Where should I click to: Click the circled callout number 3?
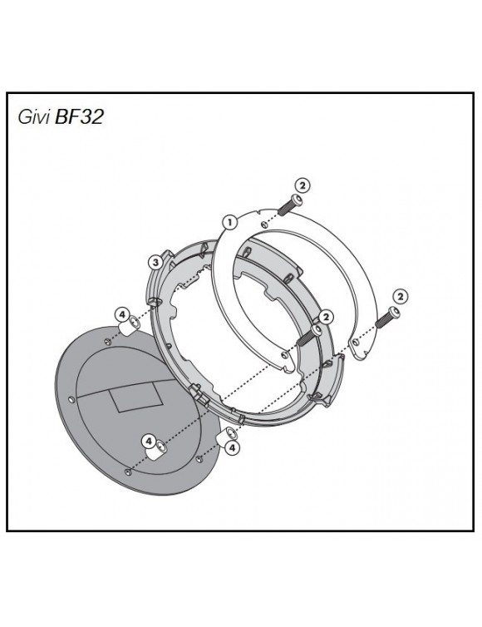[155, 263]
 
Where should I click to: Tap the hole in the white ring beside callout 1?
[263, 224]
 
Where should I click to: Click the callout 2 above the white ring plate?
[302, 185]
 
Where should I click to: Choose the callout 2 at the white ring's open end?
[401, 295]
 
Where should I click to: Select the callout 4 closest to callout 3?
[122, 315]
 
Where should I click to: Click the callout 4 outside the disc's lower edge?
[232, 447]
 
